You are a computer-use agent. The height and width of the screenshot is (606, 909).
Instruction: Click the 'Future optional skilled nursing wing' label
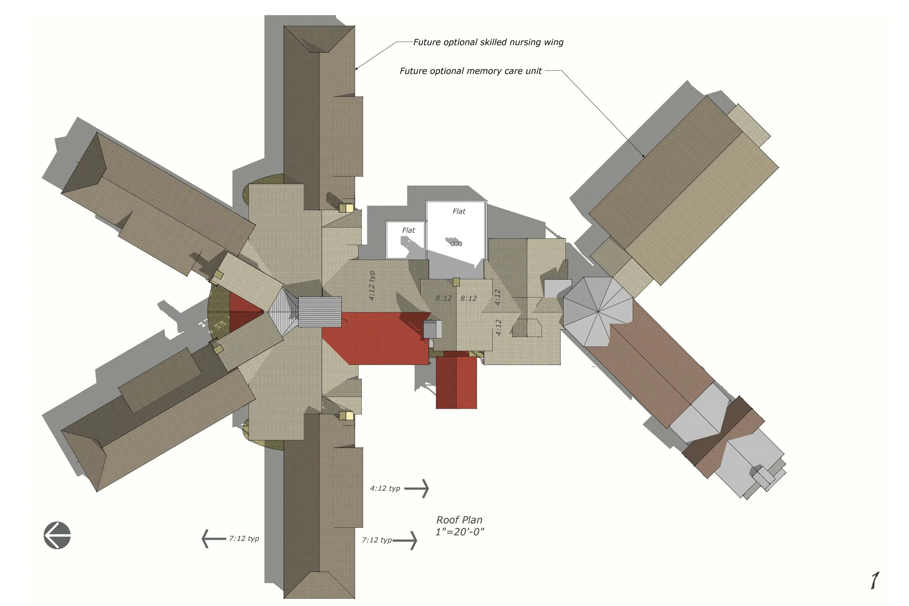point(488,42)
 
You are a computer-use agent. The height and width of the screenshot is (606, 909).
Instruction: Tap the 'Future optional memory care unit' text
point(470,71)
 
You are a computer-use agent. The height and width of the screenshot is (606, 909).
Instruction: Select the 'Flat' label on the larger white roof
point(459,212)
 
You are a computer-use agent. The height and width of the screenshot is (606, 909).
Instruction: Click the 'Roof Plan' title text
point(459,520)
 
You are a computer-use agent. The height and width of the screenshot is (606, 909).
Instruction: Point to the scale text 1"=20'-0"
point(460,532)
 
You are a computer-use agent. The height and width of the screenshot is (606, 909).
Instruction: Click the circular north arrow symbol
point(57,535)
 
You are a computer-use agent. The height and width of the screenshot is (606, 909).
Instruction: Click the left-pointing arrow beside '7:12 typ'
point(214,539)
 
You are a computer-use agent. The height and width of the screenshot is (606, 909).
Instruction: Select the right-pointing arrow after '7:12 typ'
point(405,540)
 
